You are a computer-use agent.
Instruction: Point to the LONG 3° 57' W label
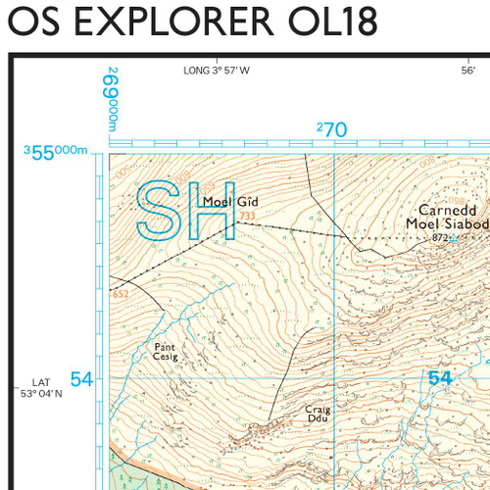pyautogui.click(x=217, y=71)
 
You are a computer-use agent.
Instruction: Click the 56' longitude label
pyautogui.click(x=468, y=71)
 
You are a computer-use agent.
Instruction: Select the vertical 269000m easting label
pyautogui.click(x=114, y=99)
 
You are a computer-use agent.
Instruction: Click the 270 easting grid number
pyautogui.click(x=332, y=129)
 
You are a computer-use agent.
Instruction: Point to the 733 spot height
pyautogui.click(x=247, y=217)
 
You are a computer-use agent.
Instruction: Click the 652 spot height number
pyautogui.click(x=121, y=294)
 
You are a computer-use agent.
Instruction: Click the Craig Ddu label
pyautogui.click(x=317, y=414)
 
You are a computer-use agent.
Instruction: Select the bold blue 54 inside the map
pyautogui.click(x=440, y=378)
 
